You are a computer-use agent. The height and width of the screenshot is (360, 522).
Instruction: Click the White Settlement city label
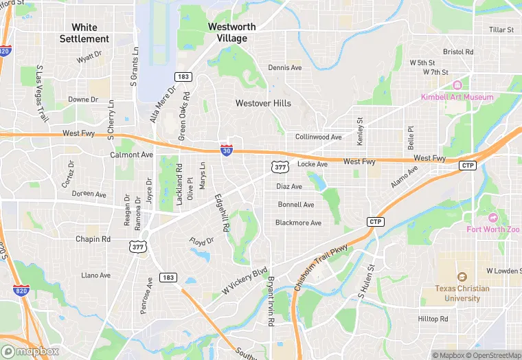(x=84, y=33)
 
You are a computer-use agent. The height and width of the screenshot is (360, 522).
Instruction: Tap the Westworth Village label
(x=232, y=32)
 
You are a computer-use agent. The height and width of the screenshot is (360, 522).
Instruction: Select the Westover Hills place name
(x=263, y=103)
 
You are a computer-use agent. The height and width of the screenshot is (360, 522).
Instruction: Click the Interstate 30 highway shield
(x=226, y=149)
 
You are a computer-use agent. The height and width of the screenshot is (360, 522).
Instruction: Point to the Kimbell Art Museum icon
(x=457, y=85)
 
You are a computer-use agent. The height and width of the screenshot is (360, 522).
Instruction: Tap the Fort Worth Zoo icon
(x=492, y=218)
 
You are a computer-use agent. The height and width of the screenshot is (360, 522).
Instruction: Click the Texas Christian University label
(x=462, y=293)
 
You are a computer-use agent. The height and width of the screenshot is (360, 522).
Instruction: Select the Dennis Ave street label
(x=285, y=68)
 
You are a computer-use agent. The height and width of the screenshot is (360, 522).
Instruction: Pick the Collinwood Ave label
(x=318, y=137)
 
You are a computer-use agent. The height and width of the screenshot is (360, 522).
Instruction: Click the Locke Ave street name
(x=313, y=164)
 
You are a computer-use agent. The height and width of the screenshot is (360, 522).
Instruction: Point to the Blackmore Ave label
(x=298, y=223)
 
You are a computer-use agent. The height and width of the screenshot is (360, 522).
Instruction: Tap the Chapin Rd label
(x=93, y=239)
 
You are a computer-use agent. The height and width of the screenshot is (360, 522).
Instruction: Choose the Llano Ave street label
(x=95, y=275)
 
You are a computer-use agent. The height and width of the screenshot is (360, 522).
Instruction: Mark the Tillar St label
(x=501, y=30)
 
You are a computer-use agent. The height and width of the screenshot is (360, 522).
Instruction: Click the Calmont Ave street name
(x=131, y=155)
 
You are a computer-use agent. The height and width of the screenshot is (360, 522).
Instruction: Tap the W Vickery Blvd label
(x=244, y=282)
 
